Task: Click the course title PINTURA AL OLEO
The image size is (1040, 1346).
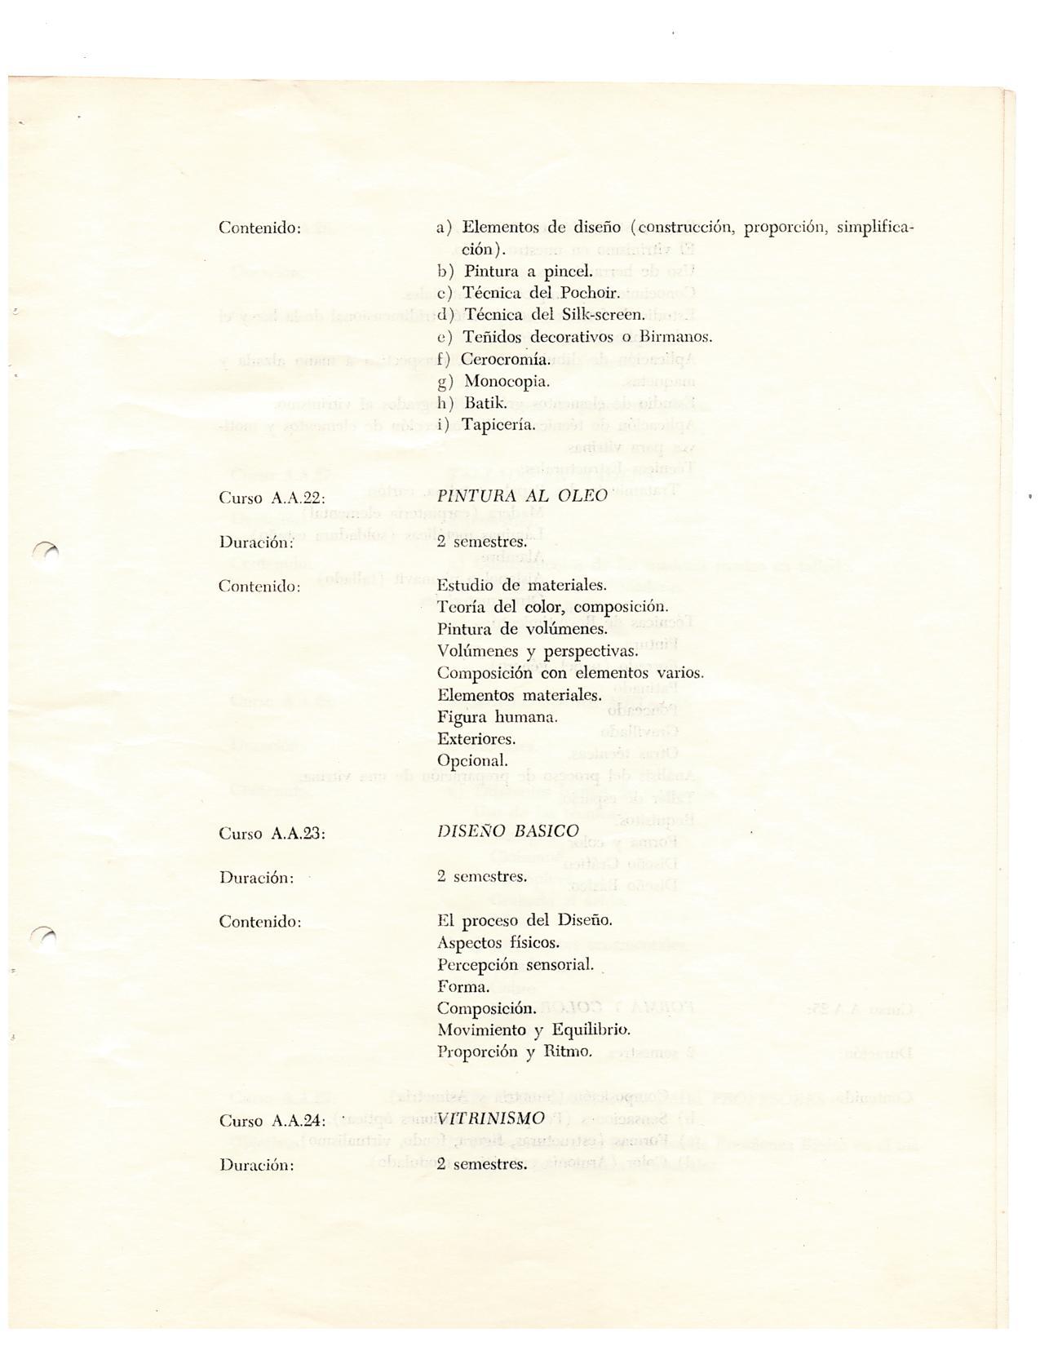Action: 522,496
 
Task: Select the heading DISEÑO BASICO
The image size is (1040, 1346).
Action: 508,831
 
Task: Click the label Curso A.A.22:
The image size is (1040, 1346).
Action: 272,498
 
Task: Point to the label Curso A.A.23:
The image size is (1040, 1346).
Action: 272,834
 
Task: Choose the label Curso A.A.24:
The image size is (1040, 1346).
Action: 272,1121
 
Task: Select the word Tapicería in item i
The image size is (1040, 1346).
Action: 498,425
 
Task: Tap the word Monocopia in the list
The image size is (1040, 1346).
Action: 507,381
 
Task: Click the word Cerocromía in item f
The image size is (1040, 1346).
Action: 505,359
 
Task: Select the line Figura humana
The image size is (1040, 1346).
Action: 497,718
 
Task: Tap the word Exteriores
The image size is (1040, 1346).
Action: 476,740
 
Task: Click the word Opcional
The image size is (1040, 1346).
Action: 472,761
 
